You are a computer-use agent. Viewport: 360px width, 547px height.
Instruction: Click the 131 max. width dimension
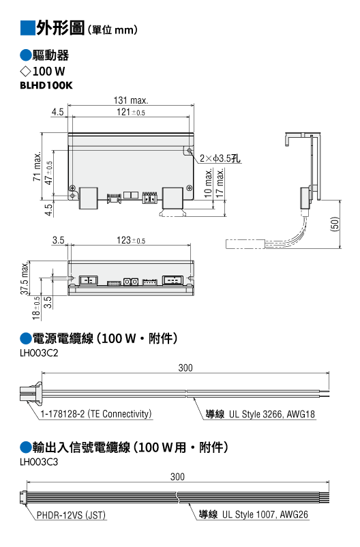[131, 100]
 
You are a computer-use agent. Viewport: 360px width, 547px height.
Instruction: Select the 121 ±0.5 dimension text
[130, 112]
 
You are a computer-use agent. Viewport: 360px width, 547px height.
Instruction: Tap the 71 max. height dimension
[37, 166]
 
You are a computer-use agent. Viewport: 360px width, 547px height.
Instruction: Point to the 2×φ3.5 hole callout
[220, 158]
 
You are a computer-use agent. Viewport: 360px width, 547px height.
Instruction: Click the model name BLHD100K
[46, 85]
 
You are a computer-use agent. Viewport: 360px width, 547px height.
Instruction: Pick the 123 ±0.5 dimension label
[130, 240]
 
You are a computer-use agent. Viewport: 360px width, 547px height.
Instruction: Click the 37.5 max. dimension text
[24, 278]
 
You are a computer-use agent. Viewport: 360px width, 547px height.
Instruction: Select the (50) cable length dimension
[334, 224]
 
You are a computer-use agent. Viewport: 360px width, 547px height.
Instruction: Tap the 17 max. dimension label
[220, 183]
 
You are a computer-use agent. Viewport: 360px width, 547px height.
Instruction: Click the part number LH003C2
[39, 353]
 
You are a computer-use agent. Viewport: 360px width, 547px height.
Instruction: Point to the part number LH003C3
[39, 462]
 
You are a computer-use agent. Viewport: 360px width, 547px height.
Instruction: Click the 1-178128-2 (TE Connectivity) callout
[96, 414]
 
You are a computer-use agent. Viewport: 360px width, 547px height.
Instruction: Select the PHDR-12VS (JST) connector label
[71, 515]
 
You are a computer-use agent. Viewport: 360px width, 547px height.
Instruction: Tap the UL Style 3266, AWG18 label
[272, 414]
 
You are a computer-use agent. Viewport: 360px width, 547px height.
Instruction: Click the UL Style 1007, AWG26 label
[265, 514]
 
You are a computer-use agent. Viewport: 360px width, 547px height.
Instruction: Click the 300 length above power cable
[185, 368]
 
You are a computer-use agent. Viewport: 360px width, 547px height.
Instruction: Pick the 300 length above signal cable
[177, 477]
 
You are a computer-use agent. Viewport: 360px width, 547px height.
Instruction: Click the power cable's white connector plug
[31, 393]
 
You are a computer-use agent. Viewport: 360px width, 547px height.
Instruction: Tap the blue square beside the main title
[28, 28]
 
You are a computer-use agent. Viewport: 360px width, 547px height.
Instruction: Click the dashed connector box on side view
[245, 244]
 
